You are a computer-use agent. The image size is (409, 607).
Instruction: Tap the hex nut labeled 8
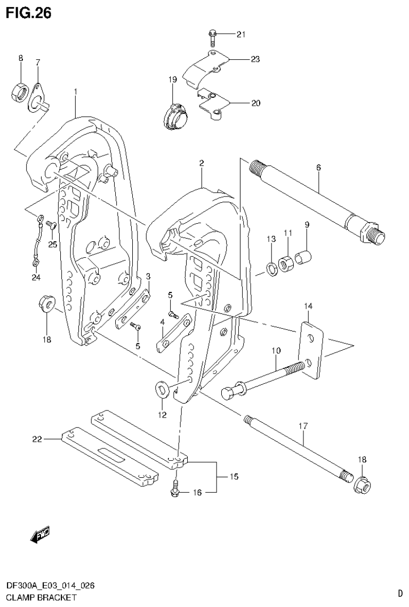click(20, 93)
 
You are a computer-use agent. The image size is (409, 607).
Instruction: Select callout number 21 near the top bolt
click(240, 35)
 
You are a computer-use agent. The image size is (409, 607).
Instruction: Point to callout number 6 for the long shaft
click(318, 168)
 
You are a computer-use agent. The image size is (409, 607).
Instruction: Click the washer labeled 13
click(271, 269)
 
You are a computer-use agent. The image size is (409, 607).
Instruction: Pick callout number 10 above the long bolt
click(276, 351)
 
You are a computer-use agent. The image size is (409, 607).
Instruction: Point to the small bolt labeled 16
click(175, 490)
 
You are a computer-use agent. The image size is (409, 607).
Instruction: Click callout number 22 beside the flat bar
click(37, 439)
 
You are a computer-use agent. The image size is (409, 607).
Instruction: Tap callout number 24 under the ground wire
click(35, 277)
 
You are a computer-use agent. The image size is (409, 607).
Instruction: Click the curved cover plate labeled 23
click(205, 68)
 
